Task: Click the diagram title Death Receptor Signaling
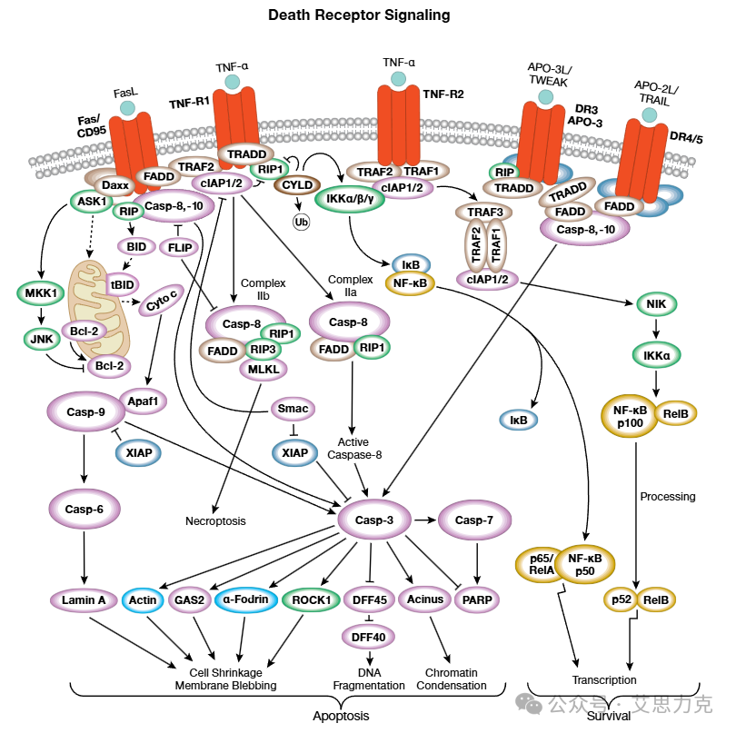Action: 359,15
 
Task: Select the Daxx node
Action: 114,185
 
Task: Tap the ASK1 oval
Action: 88,202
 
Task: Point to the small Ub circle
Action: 300,221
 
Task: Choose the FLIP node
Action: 179,246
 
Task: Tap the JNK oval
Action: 39,339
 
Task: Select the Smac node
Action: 293,409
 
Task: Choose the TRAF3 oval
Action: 484,212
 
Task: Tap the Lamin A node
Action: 84,599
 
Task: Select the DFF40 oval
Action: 369,637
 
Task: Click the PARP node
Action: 478,599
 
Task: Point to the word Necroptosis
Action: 215,521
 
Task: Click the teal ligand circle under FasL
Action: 128,108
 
